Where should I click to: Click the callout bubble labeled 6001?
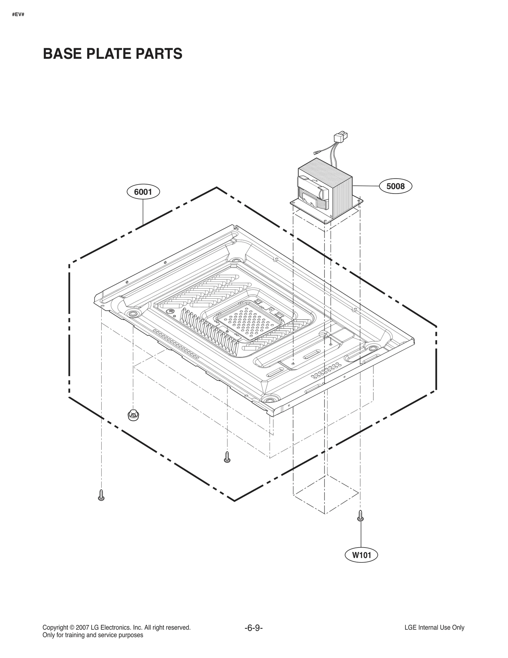point(143,192)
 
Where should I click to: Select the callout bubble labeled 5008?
point(395,186)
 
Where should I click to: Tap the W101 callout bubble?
point(361,555)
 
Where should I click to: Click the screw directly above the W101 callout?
point(360,515)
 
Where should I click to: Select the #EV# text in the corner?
point(18,15)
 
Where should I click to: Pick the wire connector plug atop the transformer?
point(340,137)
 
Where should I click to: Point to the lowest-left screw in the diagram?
point(101,495)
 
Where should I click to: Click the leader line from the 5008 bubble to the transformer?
point(365,186)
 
